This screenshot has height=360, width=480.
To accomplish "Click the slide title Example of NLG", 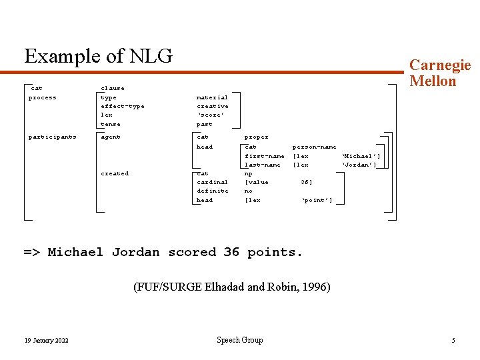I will (98, 56).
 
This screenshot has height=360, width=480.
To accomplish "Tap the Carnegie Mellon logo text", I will (439, 73).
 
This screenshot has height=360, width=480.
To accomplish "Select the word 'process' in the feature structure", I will (42, 97).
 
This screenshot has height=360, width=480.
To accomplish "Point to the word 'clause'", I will (112, 88).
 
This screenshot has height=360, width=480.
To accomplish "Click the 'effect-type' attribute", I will (122, 106).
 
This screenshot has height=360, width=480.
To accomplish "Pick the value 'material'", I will (212, 97).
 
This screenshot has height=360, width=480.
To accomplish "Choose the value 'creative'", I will (212, 106).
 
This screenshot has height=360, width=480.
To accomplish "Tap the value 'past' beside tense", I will (204, 124).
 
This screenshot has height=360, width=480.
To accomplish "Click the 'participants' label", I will (52, 137).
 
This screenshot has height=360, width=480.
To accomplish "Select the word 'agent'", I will (110, 137).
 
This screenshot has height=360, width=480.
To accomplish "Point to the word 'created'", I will (115, 173).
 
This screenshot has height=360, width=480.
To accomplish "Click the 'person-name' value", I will (314, 147).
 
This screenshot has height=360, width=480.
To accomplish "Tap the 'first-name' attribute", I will (264, 156).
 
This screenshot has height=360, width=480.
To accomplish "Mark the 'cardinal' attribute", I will (212, 182).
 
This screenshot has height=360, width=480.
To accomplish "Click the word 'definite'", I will (212, 191).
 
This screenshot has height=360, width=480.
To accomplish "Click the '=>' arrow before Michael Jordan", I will (31, 252).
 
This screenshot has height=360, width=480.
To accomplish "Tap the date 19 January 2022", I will (46, 341).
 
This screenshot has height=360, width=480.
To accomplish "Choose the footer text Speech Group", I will (239, 340).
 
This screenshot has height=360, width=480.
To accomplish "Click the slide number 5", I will (453, 341).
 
